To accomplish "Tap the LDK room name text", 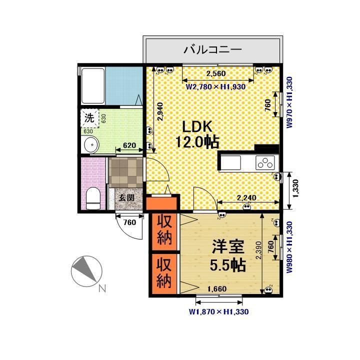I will coord(196,125).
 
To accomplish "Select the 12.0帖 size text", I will coord(197,141).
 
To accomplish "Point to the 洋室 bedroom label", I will coord(228,247).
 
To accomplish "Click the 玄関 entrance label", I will coord(126,197).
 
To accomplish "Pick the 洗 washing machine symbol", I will coord(89,119).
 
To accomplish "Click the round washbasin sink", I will coord(91,146).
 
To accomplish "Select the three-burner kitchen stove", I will coord(265,162).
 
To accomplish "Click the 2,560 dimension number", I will coord(216,73).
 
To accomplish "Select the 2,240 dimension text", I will coord(246,198).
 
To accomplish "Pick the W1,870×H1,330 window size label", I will coord(219,311).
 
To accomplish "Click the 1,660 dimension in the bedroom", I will coord(217,288).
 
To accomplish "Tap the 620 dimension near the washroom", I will coord(129,145).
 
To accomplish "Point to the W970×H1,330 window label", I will coord(289,103).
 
